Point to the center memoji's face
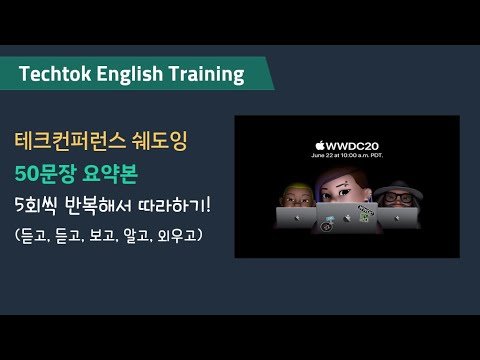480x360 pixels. [345, 190]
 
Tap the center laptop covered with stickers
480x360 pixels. [346, 219]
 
